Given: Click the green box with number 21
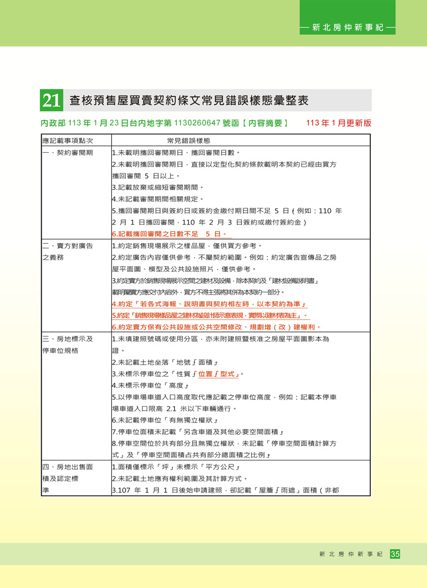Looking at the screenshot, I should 51,101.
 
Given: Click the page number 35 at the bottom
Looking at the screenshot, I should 395,554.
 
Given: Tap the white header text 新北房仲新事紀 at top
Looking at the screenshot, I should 347,26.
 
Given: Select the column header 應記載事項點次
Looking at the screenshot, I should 67,140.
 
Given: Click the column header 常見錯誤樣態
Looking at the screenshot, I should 188,140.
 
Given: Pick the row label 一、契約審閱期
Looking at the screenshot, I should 67,152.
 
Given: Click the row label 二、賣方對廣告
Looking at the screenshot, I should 67,245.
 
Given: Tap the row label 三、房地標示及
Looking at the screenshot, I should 67,339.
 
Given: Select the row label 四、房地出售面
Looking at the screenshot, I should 67,467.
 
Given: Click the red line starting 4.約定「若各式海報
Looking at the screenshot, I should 208,304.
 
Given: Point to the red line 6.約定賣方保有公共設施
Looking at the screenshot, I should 216,327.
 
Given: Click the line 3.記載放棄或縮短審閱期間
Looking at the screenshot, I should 157,187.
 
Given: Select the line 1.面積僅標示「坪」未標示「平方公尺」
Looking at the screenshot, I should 176,467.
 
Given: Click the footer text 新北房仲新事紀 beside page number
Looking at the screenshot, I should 350,554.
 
